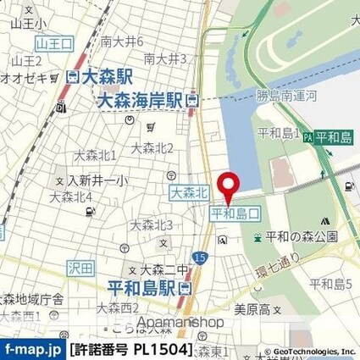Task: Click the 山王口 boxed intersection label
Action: [x=54, y=42]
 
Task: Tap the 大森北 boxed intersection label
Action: [x=189, y=194]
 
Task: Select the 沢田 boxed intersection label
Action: [x=79, y=268]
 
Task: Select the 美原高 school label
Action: [x=252, y=307]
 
